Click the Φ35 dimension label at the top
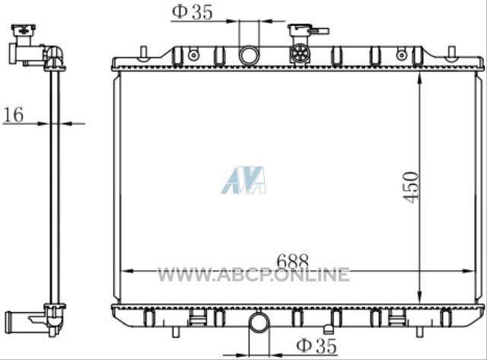click(x=193, y=12)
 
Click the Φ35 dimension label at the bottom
click(x=317, y=346)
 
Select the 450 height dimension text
click(x=411, y=187)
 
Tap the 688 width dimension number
click(x=292, y=260)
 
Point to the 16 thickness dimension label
click(x=14, y=114)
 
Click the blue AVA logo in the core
click(x=243, y=180)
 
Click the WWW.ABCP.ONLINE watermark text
click(x=253, y=275)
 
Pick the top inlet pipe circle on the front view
click(x=249, y=55)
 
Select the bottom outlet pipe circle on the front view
click(x=259, y=322)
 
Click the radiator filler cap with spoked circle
click(x=300, y=53)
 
